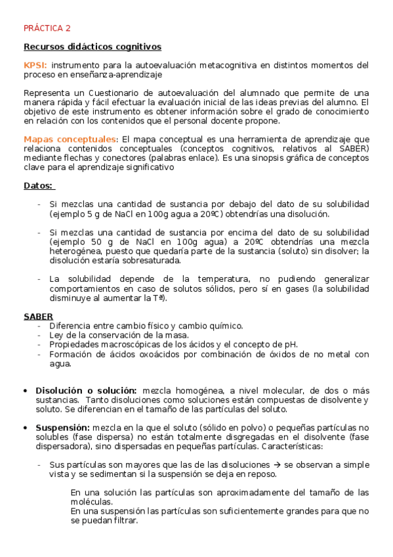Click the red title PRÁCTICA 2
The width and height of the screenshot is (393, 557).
(x=47, y=28)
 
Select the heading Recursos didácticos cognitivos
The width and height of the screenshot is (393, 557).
(x=92, y=47)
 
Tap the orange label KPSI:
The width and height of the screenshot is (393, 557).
(x=35, y=65)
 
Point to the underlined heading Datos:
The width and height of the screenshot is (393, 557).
(x=39, y=186)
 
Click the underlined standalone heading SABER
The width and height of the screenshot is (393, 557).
(x=38, y=317)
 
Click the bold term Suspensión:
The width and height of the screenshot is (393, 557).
(x=62, y=428)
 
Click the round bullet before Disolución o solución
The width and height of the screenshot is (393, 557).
(x=26, y=390)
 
